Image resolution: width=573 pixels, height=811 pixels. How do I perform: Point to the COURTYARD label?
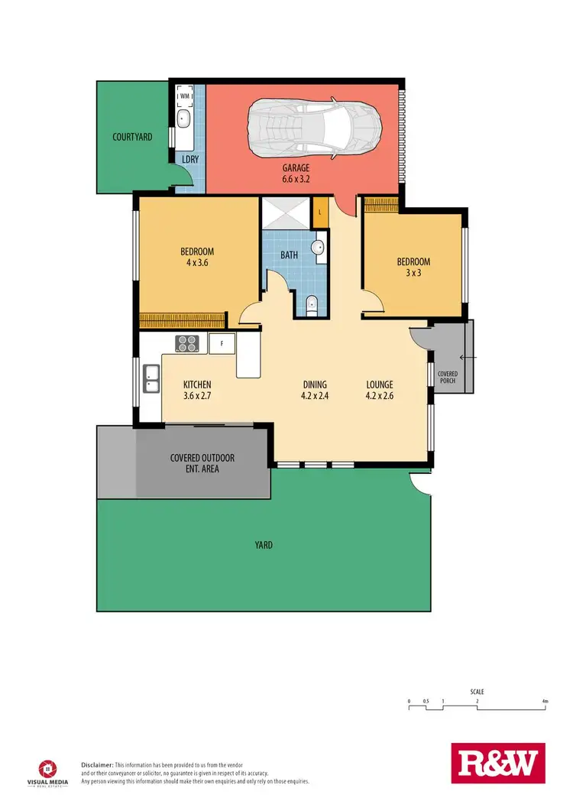point(132,138)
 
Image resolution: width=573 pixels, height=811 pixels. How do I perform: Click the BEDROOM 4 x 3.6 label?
point(196,258)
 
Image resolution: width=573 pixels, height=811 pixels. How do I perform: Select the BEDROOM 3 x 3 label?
point(413,267)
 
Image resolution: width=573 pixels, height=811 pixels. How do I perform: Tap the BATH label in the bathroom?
point(289,255)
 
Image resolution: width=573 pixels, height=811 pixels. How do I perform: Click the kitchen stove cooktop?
point(186,344)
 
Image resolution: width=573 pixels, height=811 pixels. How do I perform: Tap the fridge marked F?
point(221,344)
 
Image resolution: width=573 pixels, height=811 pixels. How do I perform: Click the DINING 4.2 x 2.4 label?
point(314,390)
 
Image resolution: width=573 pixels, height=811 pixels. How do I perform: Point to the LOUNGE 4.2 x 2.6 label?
point(379,390)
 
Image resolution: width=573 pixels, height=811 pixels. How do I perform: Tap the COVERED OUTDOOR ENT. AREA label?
point(202,463)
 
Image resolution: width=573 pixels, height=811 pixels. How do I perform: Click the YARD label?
point(264,545)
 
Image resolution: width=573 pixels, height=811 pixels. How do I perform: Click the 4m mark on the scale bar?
point(545,701)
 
